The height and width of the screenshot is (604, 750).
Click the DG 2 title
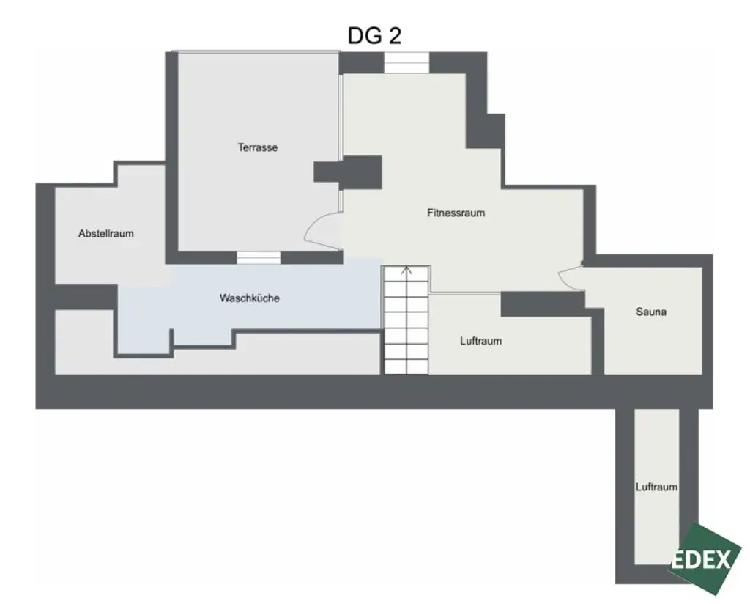tap(374, 36)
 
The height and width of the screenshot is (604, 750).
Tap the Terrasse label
tap(257, 147)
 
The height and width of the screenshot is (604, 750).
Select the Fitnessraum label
tap(456, 213)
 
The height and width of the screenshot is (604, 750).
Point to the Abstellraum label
tap(106, 234)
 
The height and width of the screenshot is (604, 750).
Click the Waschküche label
tap(249, 298)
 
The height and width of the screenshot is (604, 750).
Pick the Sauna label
tap(650, 312)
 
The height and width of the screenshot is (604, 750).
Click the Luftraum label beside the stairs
tap(480, 341)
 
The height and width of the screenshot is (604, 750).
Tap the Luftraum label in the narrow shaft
tap(656, 487)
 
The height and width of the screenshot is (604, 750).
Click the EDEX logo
tap(703, 559)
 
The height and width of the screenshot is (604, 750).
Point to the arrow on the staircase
tap(407, 270)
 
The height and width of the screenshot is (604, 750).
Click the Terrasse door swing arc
tap(319, 230)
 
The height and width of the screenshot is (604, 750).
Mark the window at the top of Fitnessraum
tap(406, 63)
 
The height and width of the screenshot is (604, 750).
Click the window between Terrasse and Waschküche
tap(259, 257)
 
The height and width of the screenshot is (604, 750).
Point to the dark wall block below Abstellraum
tap(85, 296)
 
